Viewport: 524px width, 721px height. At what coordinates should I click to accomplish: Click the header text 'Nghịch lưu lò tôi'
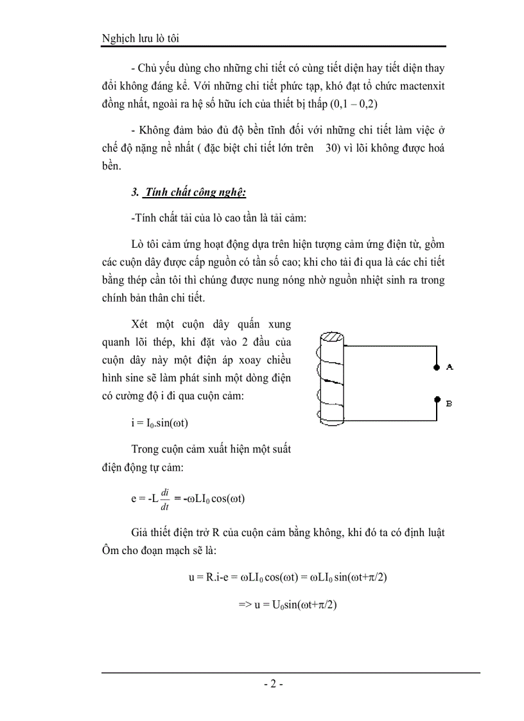coord(140,39)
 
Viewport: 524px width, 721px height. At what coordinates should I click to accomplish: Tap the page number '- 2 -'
coord(274,684)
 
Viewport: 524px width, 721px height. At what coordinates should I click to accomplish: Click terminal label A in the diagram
coord(450,367)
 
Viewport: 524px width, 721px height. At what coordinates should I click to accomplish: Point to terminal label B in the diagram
coord(450,403)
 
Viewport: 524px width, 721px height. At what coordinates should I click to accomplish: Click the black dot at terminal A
coord(436,367)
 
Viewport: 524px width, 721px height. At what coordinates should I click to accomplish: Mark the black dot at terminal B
coord(436,400)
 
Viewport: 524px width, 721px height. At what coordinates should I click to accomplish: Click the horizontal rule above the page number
coord(290,672)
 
